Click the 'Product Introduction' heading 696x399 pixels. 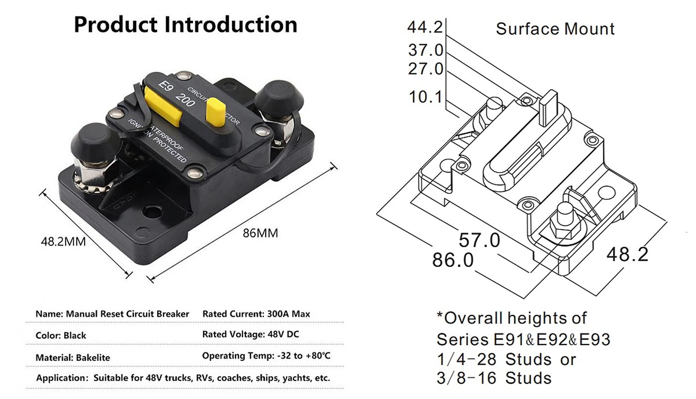pyautogui.click(x=185, y=25)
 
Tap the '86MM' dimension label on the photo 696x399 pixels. pyautogui.click(x=260, y=233)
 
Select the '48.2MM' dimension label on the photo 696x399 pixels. pyautogui.click(x=63, y=241)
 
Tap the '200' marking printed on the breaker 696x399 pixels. pyautogui.click(x=185, y=101)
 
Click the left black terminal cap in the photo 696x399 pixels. pyautogui.click(x=93, y=141)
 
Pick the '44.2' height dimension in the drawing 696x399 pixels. pyautogui.click(x=425, y=27)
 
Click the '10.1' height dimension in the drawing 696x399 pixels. pyautogui.click(x=425, y=97)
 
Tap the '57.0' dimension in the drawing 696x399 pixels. pyautogui.click(x=479, y=240)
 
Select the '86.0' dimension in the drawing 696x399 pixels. pyautogui.click(x=452, y=260)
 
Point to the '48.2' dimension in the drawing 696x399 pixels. pyautogui.click(x=627, y=255)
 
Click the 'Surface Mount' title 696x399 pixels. pyautogui.click(x=555, y=29)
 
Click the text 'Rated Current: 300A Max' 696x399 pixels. pyautogui.click(x=256, y=314)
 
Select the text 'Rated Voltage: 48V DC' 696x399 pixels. pyautogui.click(x=251, y=334)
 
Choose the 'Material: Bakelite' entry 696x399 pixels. pyautogui.click(x=73, y=358)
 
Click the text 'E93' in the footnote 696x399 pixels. pyautogui.click(x=595, y=339)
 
